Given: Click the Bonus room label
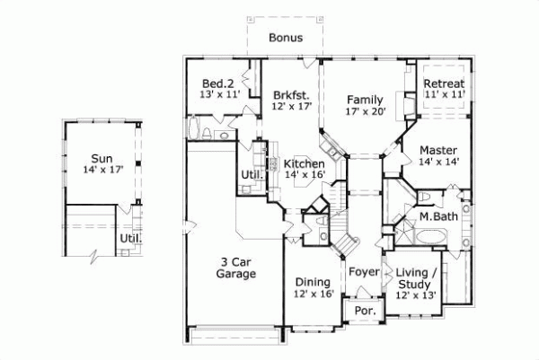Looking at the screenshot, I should pos(285,39).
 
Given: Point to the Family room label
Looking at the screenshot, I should pos(366,100).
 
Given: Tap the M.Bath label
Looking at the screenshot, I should pos(437,217).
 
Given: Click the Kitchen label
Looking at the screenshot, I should pos(303,164).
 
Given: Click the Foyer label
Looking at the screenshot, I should pos(363,269).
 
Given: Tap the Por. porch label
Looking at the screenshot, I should pos(365,311).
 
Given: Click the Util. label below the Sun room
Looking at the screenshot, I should pos(131,240).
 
